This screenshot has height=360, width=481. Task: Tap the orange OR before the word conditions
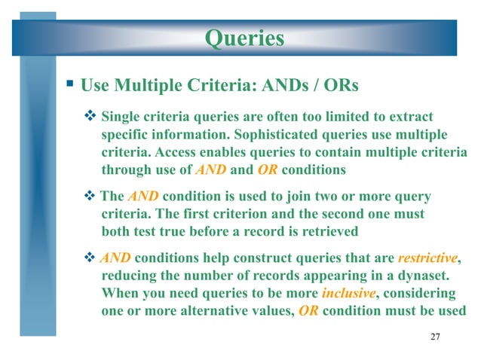(267, 169)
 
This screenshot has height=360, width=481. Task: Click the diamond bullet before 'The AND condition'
(90, 197)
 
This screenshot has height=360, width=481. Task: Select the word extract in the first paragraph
(414, 117)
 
